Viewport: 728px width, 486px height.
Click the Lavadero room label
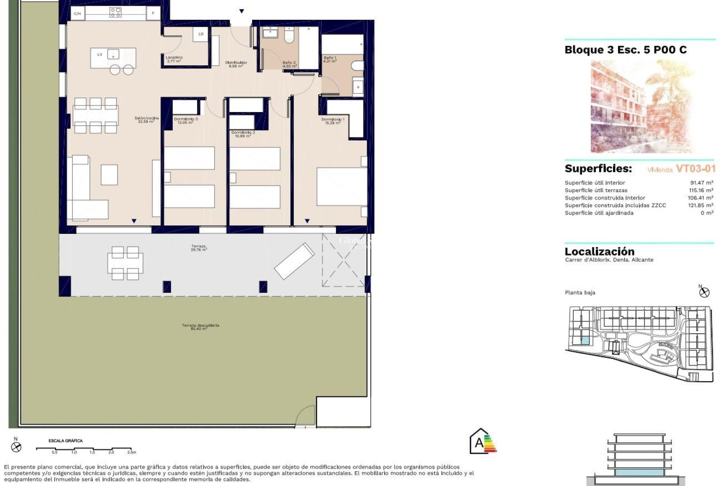(174, 59)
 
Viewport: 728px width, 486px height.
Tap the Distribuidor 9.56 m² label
(236, 64)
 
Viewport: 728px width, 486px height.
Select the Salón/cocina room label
(146, 120)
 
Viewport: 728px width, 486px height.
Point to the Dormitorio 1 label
(333, 121)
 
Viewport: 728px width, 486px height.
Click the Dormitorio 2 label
(243, 134)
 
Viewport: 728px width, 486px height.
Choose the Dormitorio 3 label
(185, 121)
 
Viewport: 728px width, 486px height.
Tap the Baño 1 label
(329, 59)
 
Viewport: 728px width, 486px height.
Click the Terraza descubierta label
(200, 327)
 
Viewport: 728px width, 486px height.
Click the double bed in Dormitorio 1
(341, 186)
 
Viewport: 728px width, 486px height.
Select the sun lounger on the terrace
(294, 261)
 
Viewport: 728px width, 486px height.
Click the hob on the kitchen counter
(115, 13)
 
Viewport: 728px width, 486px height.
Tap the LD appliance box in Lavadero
(201, 34)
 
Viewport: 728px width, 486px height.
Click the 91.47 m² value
(701, 183)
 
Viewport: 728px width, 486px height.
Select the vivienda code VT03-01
(695, 169)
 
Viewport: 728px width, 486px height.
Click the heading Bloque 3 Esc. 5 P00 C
(625, 50)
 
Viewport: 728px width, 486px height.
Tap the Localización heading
(599, 251)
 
